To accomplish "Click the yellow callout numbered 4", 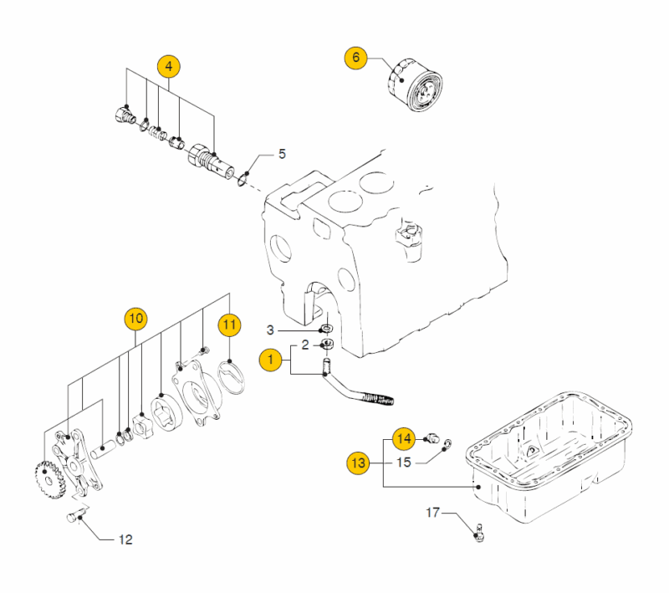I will pos(168,65).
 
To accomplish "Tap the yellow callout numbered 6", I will pos(355,58).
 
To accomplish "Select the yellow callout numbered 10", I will pos(135,318).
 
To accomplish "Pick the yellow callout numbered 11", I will pos(229,323).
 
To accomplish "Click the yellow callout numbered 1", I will pos(269,360).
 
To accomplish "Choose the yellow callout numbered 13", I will pos(359,462).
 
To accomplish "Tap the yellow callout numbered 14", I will pos(405,437).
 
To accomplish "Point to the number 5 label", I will pos(282,154).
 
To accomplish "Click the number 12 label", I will pos(125,539).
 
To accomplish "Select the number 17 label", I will pos(433,511).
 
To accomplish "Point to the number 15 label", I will pos(404,462).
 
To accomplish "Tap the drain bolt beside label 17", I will pos(479,529).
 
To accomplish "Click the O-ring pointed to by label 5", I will pos(242,177).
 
